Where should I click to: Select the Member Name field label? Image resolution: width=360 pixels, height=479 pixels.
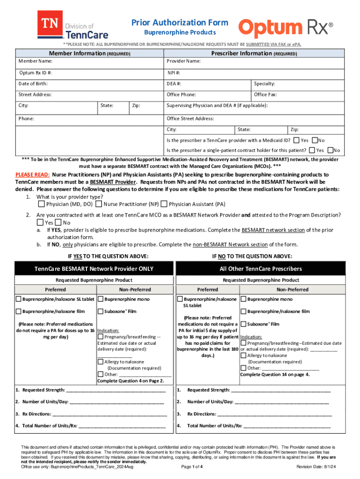[36, 61]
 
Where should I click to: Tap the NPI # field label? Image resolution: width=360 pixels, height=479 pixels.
[173, 73]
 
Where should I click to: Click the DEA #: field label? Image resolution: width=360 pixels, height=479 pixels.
[174, 83]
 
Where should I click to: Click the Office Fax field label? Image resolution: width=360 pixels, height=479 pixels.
[266, 94]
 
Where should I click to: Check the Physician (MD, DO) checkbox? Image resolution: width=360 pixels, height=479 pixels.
[42, 204]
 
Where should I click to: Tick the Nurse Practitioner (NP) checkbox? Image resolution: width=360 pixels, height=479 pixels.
[99, 204]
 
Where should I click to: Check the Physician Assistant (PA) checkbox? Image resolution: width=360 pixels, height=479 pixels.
[164, 204]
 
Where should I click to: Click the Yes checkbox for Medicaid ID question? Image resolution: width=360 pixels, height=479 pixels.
[296, 140]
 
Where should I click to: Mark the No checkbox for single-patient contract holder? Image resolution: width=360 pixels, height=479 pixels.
[331, 150]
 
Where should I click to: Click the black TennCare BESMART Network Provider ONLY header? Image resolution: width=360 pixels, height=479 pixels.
[94, 269]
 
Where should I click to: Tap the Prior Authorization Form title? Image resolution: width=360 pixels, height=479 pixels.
[180, 22]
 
